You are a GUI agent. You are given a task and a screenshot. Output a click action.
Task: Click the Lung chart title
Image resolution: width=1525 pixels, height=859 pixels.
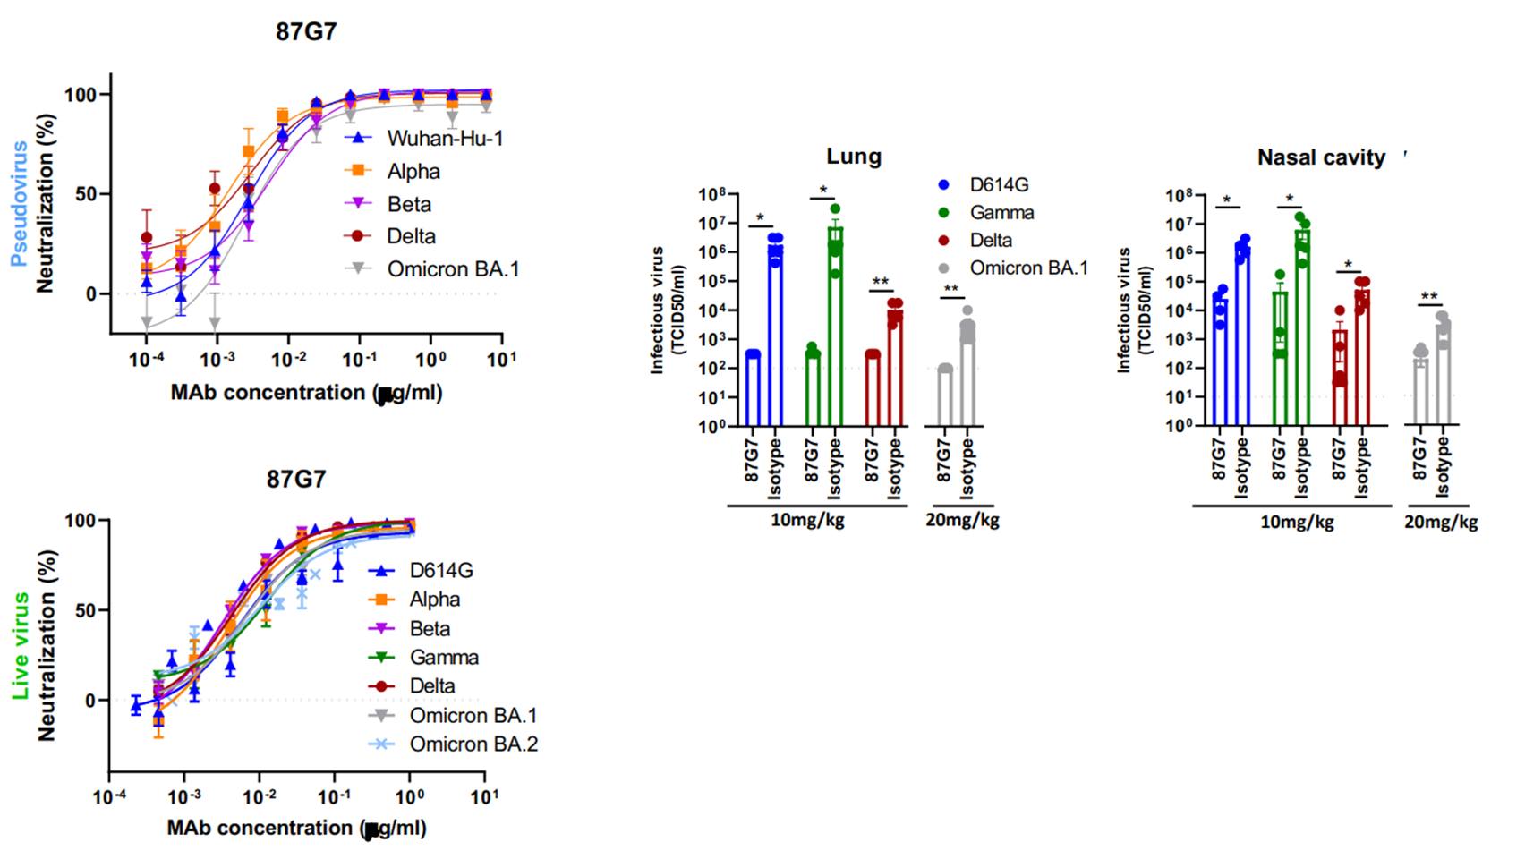tap(853, 157)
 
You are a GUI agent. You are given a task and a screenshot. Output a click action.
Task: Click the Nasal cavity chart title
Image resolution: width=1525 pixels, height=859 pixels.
tap(1320, 157)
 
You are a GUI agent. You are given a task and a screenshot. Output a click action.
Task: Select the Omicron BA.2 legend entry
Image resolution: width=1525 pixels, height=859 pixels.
tap(473, 744)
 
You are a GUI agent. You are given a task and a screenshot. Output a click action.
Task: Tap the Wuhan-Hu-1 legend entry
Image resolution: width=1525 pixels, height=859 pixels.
tap(444, 139)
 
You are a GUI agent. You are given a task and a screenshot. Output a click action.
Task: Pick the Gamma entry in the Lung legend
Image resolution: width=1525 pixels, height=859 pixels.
tap(1001, 213)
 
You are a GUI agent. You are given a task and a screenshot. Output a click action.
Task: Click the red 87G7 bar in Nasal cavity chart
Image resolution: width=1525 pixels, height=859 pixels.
tap(1340, 376)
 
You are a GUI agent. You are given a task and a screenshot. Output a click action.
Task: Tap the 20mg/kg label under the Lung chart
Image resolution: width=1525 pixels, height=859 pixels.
tap(961, 520)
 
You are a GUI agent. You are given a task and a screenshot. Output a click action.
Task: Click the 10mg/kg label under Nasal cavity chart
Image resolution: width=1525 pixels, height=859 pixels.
tap(1297, 522)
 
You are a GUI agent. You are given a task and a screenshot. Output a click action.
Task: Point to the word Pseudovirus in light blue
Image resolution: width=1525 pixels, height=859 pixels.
tap(19, 204)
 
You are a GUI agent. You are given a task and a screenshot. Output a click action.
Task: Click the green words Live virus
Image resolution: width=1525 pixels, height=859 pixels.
tap(20, 644)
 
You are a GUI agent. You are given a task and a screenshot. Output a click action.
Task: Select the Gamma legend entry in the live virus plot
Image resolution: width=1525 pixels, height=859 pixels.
tap(443, 658)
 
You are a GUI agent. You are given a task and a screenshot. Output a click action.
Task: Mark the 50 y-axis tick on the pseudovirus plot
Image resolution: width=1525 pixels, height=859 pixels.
tap(86, 194)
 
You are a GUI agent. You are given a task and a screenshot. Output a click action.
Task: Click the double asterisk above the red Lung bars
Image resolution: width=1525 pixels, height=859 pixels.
tap(881, 283)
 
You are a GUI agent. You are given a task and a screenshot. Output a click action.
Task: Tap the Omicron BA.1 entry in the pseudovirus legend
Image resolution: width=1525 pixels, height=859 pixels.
tap(452, 269)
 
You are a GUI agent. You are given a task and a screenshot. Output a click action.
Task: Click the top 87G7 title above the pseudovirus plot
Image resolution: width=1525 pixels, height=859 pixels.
tap(306, 32)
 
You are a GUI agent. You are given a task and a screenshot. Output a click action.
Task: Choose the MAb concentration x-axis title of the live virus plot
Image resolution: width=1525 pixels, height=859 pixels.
tap(296, 828)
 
